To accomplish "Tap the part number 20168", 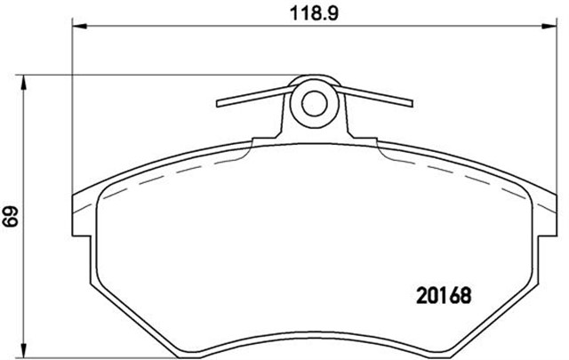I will tap(443, 293).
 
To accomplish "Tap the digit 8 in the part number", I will tap(463, 293).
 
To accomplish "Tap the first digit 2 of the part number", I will tap(422, 293).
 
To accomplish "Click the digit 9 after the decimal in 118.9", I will tap(337, 12).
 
